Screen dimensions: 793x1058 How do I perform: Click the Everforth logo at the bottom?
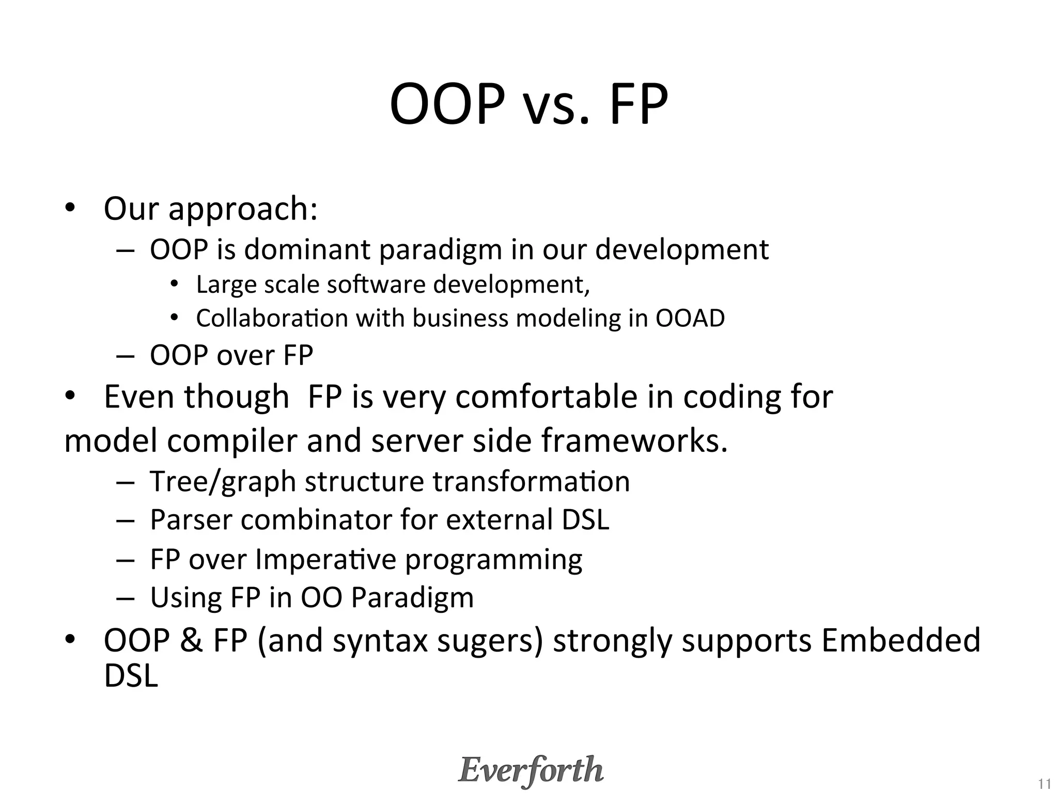point(531,770)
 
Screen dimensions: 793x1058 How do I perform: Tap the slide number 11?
point(1044,784)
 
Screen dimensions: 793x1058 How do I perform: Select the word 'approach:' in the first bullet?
point(243,210)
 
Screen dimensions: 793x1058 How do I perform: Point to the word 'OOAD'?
point(690,318)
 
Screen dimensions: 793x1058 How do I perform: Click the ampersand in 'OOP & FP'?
point(191,641)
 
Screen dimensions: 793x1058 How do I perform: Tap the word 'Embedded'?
point(900,641)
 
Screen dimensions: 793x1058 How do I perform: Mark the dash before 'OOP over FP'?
point(125,356)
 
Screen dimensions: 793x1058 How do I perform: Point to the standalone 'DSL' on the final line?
point(130,676)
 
